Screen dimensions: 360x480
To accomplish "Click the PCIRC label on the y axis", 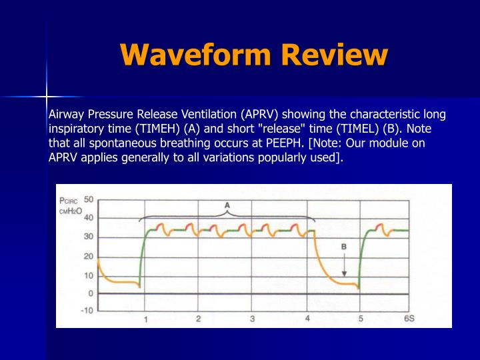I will [69, 200].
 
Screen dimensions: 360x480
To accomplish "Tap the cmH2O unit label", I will [70, 211].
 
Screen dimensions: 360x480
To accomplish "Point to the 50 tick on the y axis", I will [88, 199].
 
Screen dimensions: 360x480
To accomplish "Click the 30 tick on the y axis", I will [88, 237].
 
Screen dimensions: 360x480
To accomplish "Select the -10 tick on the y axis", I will [87, 311].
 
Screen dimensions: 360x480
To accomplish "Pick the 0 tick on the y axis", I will [91, 293].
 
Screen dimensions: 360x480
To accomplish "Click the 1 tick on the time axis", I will [145, 319].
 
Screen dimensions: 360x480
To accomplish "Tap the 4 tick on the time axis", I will [307, 319].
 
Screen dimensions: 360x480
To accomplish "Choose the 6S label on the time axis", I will [409, 319].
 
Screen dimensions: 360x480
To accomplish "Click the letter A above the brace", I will [227, 205].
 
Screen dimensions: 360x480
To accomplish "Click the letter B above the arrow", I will [344, 246].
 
